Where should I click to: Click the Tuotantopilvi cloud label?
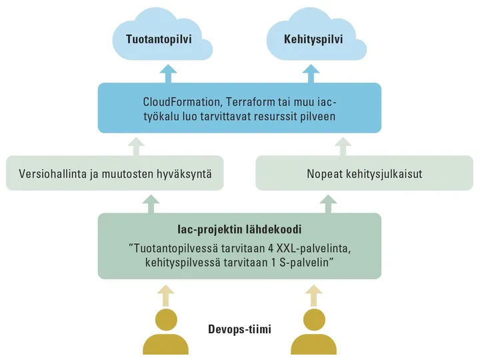tap(159, 39)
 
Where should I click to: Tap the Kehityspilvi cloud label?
tap(313, 39)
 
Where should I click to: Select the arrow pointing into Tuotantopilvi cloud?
tap(169, 74)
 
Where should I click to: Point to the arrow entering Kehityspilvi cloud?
tap(311, 74)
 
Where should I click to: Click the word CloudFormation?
tap(181, 102)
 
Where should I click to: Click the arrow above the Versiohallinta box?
tap(137, 147)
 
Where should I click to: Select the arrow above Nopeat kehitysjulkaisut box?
tap(343, 147)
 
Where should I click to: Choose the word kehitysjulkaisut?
tap(384, 174)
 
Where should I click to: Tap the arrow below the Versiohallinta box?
tap(151, 204)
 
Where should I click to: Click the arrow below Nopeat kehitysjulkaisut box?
tap(328, 204)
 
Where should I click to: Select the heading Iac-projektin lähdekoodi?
tap(239, 229)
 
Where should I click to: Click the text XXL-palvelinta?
tap(313, 248)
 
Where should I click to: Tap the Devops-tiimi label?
tap(240, 329)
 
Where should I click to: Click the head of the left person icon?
tap(166, 319)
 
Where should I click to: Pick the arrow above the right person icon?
tap(314, 296)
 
